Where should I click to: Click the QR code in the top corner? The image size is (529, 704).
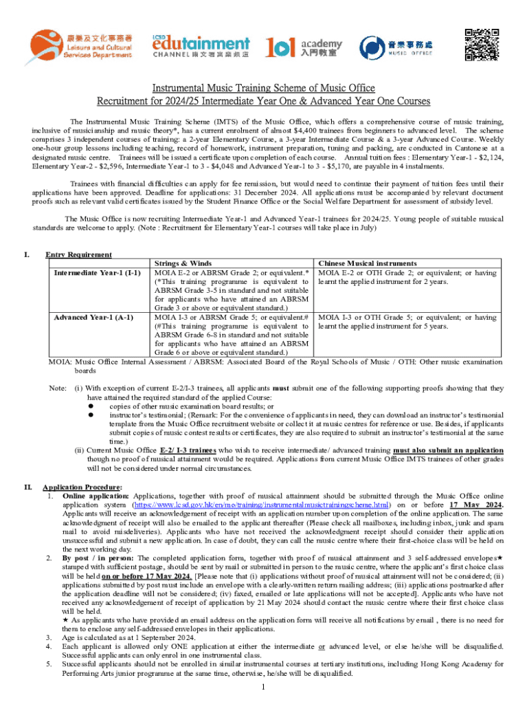[x=481, y=43]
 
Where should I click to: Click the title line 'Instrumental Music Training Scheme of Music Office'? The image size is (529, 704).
[x=264, y=88]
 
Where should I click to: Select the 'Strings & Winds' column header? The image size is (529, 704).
[x=183, y=263]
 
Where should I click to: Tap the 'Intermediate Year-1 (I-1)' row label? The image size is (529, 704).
[x=97, y=273]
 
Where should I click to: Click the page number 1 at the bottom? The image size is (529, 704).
[x=264, y=687]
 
